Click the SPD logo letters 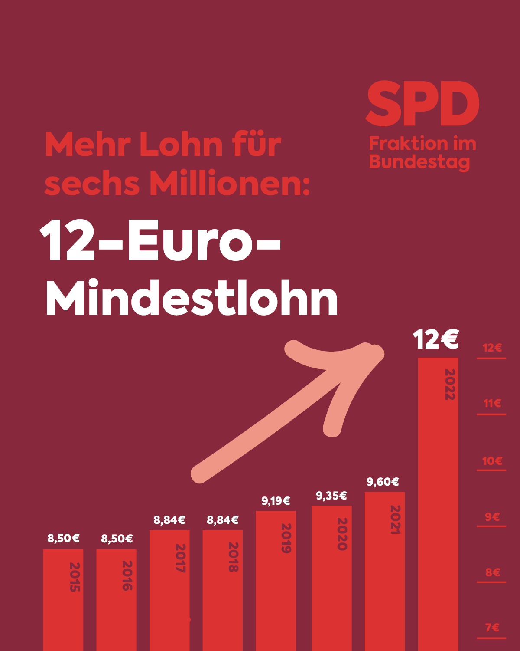422,104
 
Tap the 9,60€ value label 383,482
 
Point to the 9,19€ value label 276,501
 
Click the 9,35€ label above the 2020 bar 331,496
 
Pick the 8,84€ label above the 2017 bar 169,520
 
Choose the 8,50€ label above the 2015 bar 63,539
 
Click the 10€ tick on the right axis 492,461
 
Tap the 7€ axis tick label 492,628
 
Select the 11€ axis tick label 492,403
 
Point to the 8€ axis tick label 493,572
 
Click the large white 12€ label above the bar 435,339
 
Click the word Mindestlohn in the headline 192,299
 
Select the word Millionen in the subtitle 230,184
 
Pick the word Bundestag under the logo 419,162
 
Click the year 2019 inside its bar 286,538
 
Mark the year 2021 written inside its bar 395,519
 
